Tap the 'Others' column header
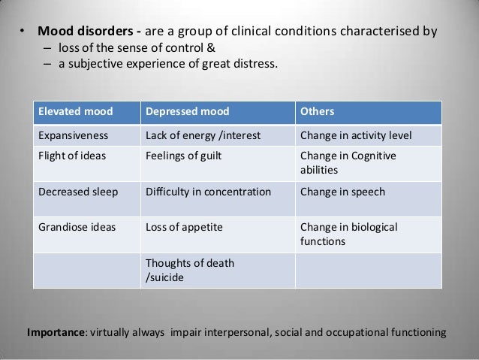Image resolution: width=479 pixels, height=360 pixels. (x=318, y=112)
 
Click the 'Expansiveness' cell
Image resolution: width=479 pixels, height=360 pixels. (x=74, y=136)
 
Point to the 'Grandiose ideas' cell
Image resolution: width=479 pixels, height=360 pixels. (x=77, y=226)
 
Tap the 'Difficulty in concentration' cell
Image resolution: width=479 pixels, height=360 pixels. (x=207, y=192)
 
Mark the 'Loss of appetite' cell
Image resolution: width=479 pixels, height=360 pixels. (x=181, y=226)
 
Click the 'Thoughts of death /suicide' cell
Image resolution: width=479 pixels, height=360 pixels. (x=189, y=270)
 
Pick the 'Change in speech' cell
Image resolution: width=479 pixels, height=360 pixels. (x=342, y=192)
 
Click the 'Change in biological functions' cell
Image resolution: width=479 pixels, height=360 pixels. (x=349, y=234)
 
